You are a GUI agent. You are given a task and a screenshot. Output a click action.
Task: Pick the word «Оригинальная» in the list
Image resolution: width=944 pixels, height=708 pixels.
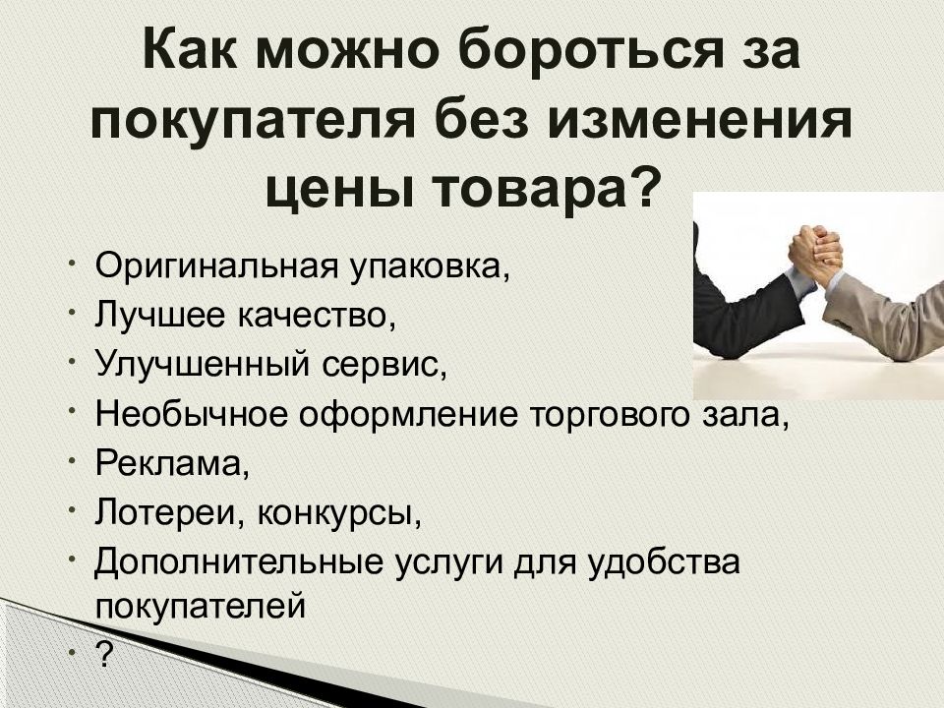215,268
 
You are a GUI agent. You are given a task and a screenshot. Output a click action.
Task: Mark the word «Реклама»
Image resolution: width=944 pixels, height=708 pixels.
168,463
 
